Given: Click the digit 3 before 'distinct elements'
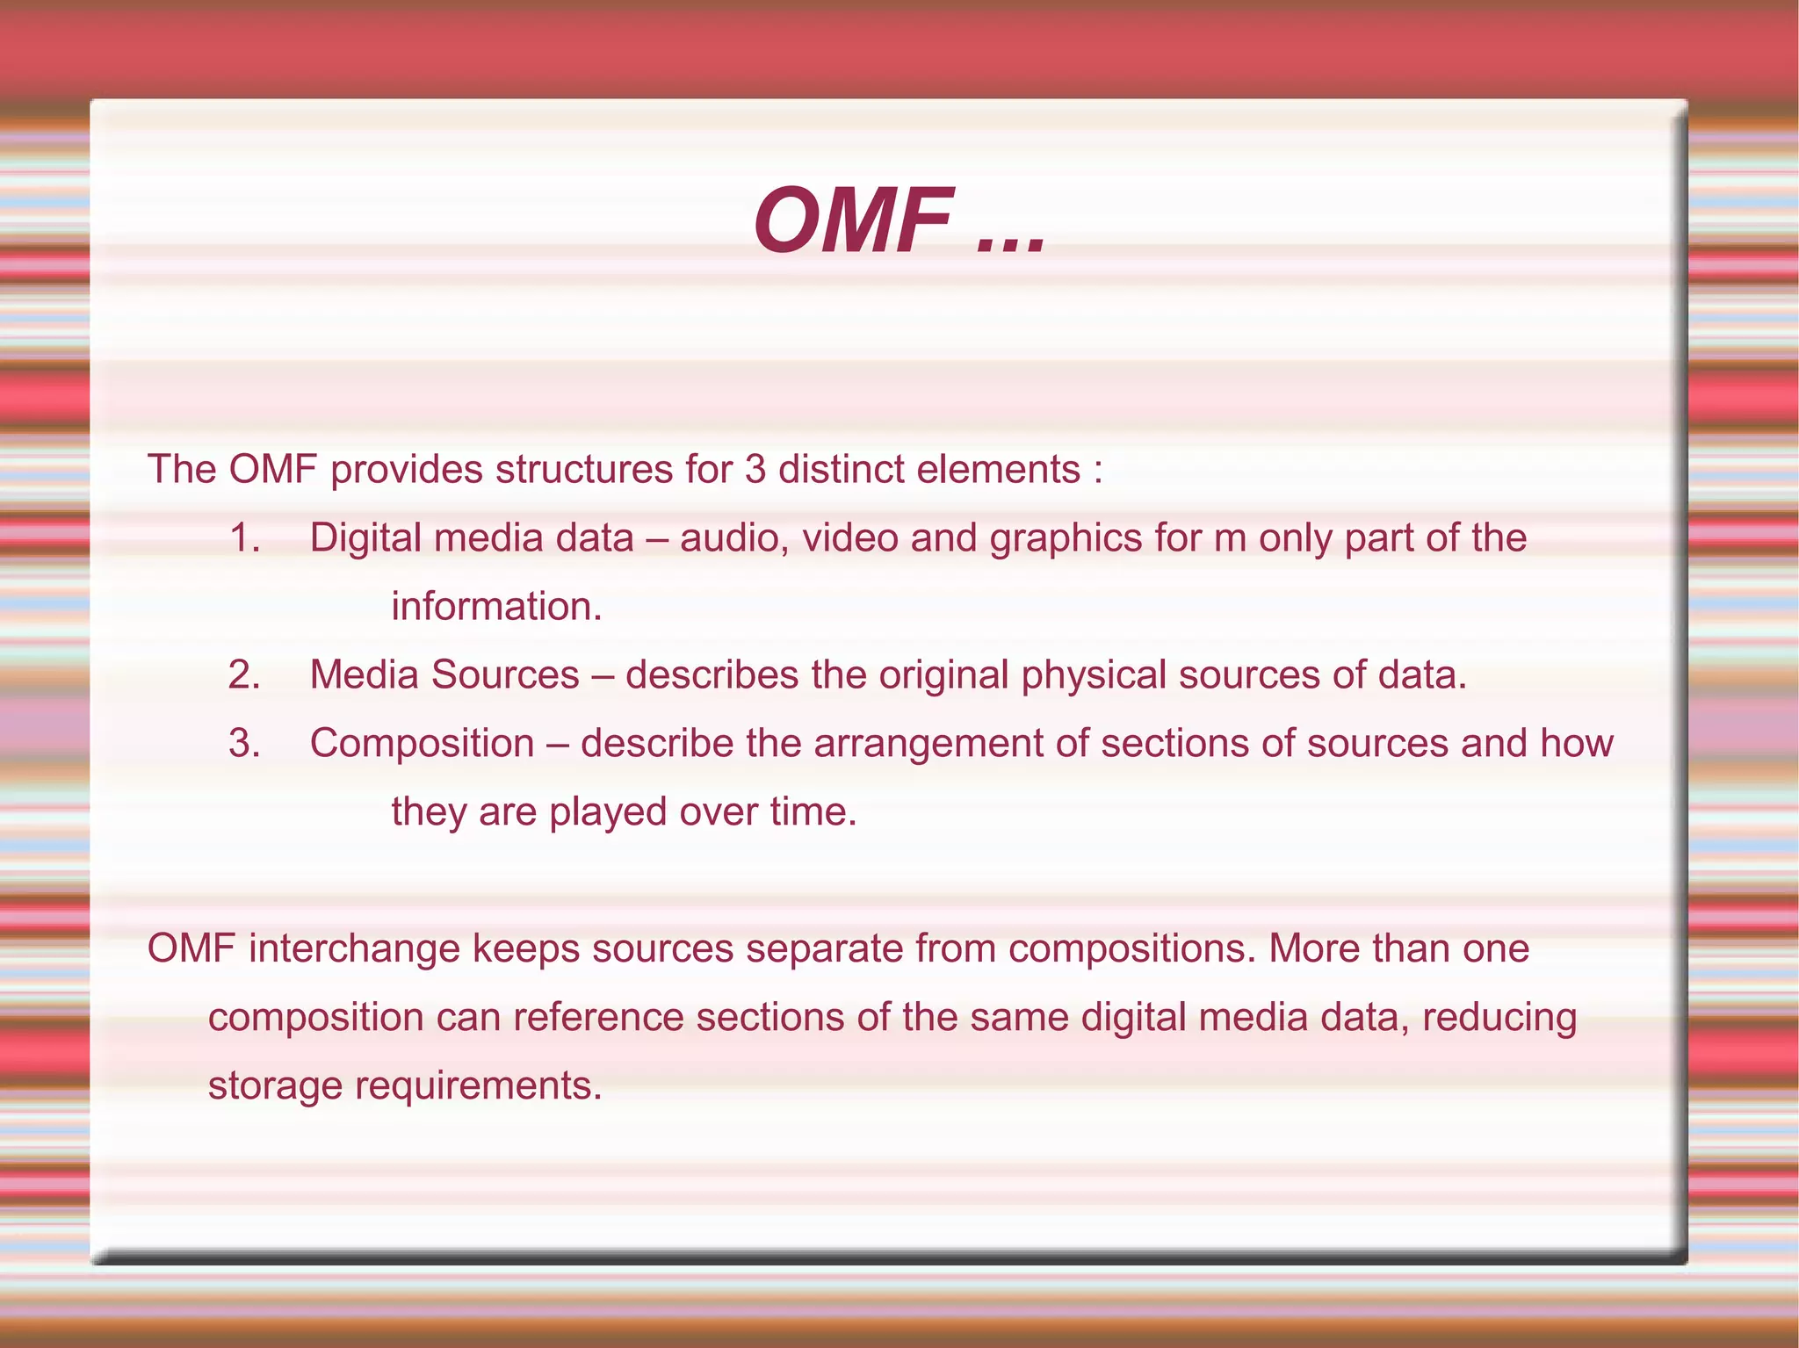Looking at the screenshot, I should click(755, 469).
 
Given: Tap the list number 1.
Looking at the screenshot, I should click(243, 537).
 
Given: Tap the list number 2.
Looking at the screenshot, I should click(243, 674).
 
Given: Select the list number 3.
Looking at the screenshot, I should click(243, 743).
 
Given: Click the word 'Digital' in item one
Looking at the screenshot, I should click(365, 537).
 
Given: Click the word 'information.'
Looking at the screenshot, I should click(496, 606).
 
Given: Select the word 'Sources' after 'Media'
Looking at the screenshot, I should click(505, 674).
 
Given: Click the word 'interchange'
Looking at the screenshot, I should click(354, 949).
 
